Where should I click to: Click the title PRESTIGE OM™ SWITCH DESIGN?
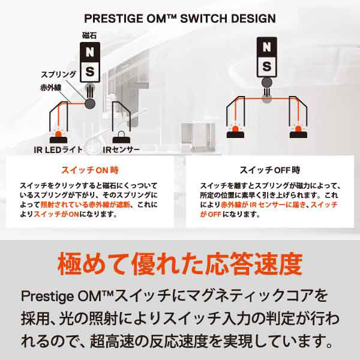tap(180, 19)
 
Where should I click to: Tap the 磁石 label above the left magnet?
tap(89, 35)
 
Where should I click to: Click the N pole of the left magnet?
tap(90, 52)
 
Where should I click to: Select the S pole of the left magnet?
tap(90, 71)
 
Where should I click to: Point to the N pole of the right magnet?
tap(267, 47)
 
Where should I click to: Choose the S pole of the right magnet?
tap(267, 67)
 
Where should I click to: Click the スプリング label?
tap(58, 74)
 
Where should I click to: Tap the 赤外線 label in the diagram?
tap(51, 88)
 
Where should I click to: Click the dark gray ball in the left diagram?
tap(90, 104)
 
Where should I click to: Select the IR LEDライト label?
tap(58, 150)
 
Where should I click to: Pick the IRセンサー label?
tap(121, 150)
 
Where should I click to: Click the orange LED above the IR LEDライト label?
tap(59, 134)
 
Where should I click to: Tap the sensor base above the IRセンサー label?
tap(121, 140)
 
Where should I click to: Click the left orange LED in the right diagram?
tap(235, 129)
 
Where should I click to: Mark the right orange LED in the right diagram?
tap(298, 129)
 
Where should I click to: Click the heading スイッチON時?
tap(90, 170)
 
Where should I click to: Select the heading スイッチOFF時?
tap(270, 170)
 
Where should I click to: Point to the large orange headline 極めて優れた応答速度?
tap(180, 263)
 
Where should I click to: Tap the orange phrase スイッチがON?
tap(56, 214)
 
